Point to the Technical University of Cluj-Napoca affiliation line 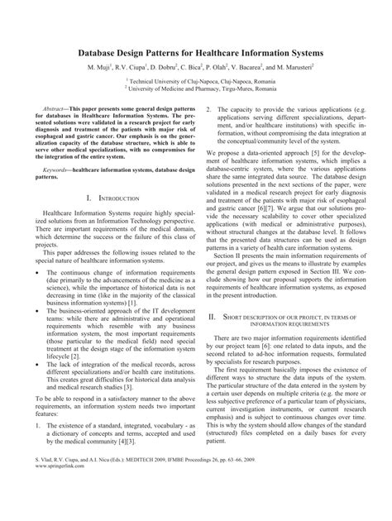[x=195, y=84]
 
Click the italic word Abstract [x=55, y=109]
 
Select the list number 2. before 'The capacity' [x=209, y=109]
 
